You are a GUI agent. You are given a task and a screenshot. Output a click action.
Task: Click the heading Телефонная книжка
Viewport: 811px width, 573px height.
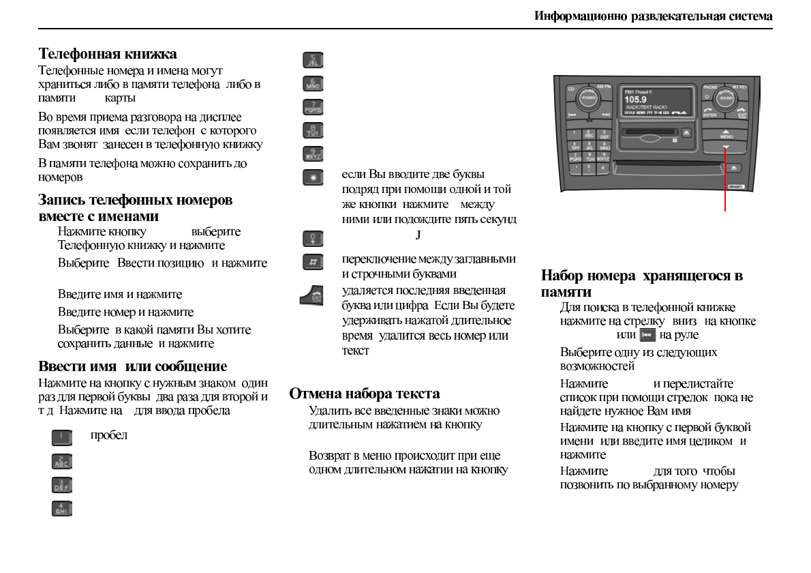coord(108,54)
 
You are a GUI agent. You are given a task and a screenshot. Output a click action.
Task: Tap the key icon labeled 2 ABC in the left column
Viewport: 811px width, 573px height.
coord(62,462)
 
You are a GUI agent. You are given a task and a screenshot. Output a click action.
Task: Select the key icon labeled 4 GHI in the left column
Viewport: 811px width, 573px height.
coord(62,508)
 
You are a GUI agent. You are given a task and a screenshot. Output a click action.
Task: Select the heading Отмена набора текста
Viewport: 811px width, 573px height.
coord(365,394)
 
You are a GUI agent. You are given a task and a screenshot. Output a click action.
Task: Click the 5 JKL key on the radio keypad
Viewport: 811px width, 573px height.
coord(589,145)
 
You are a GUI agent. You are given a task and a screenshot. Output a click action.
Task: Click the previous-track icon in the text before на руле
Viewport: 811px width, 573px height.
coord(647,335)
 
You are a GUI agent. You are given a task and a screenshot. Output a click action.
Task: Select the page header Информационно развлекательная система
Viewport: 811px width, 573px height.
coord(653,16)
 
